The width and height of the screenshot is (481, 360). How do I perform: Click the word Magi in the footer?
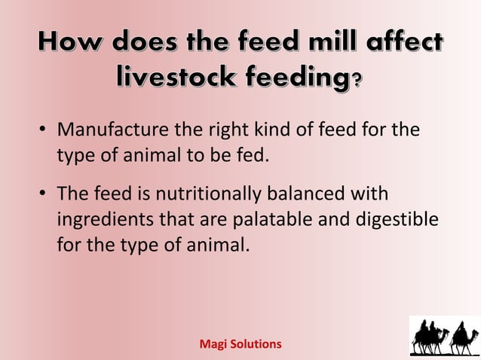coord(211,343)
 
